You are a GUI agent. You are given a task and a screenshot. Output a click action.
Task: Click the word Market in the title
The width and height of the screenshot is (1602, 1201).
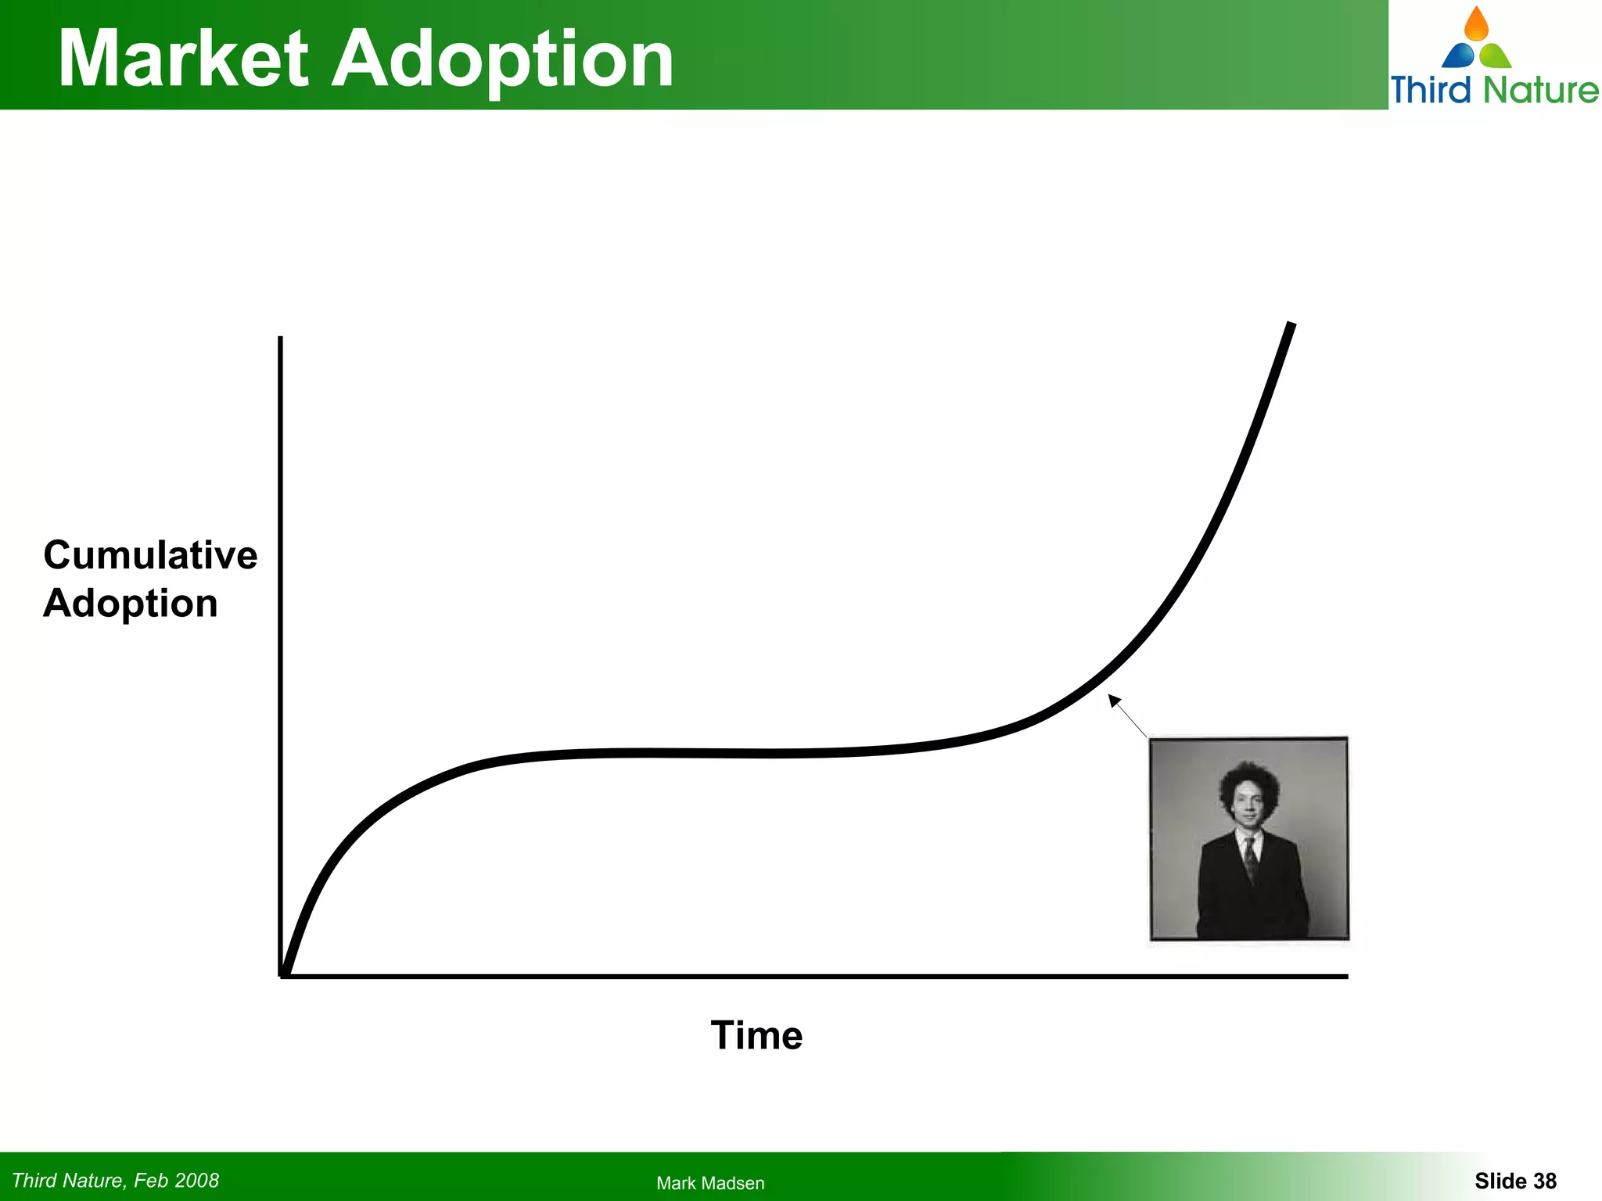184,59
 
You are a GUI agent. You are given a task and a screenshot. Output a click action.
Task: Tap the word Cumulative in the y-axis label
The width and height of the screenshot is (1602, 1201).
150,555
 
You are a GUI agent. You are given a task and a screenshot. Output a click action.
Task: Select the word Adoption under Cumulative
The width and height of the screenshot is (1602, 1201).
130,604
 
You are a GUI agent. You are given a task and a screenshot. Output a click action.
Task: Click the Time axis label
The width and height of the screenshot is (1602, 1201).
756,1035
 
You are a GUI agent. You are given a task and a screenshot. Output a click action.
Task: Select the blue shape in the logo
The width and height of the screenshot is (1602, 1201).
1458,56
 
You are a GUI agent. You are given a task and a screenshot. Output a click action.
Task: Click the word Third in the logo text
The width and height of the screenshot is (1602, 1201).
1431,89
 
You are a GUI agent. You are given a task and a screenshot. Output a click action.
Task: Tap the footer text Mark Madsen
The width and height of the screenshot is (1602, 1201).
710,1183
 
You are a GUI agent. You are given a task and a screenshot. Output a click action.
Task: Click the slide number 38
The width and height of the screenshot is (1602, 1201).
1544,1181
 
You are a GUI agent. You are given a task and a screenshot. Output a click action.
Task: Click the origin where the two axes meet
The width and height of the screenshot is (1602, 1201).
282,975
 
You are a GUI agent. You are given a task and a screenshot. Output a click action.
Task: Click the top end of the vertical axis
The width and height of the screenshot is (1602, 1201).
280,339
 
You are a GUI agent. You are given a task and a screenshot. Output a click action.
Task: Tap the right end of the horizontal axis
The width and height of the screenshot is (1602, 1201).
1345,976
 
